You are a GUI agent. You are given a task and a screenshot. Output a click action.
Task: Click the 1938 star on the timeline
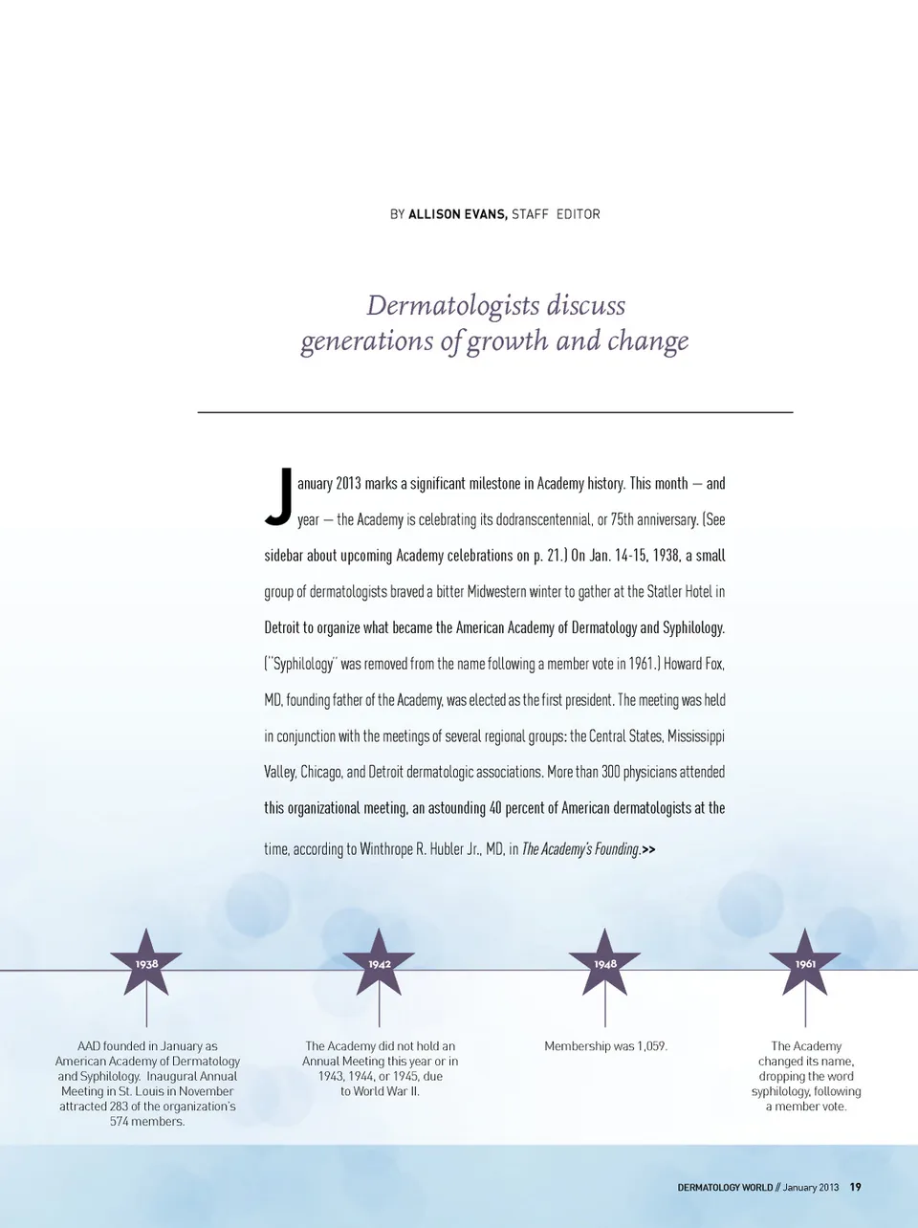pyautogui.click(x=146, y=964)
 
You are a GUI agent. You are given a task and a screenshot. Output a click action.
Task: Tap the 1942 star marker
pyautogui.click(x=380, y=964)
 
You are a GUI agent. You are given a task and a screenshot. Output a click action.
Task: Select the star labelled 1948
pyautogui.click(x=604, y=964)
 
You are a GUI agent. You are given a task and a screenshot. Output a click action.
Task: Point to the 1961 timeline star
pyautogui.click(x=805, y=964)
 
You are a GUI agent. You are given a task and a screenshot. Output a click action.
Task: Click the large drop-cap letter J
pyautogui.click(x=279, y=498)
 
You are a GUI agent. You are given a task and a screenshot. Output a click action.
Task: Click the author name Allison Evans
pyautogui.click(x=457, y=214)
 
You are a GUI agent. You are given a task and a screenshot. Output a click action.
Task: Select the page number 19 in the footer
pyautogui.click(x=855, y=1187)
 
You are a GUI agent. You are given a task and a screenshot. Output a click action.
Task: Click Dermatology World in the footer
pyautogui.click(x=725, y=1188)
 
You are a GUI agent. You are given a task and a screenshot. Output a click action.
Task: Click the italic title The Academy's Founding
pyautogui.click(x=580, y=849)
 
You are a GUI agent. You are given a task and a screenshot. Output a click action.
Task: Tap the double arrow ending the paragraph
pyautogui.click(x=649, y=849)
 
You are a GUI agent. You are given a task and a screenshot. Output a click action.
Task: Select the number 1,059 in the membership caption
pyautogui.click(x=649, y=1046)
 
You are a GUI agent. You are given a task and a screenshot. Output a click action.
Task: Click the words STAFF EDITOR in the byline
pyautogui.click(x=556, y=214)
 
